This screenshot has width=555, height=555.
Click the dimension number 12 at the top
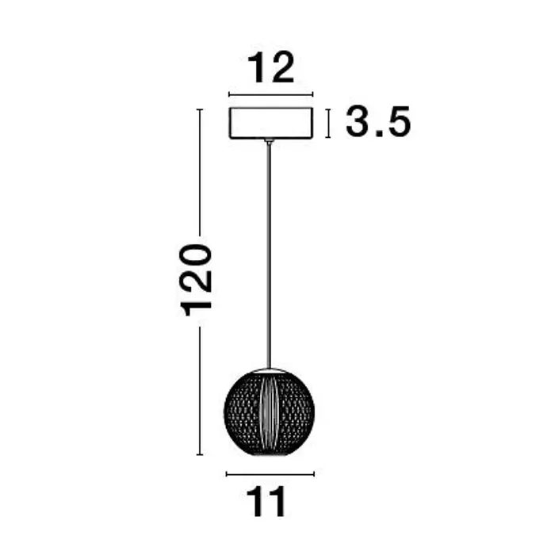[x=271, y=67]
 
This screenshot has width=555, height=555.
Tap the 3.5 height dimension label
[x=378, y=121]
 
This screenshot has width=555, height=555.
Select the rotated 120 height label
[x=196, y=281]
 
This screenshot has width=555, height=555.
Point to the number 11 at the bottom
[x=266, y=502]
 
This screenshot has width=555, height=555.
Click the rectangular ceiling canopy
[x=271, y=123]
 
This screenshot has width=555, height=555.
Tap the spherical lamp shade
[x=269, y=412]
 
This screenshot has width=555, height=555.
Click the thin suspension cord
[x=270, y=255]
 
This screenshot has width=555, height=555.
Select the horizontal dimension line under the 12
[x=271, y=94]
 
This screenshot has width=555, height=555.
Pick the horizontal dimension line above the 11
[x=270, y=474]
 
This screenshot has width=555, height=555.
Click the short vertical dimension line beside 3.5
[x=328, y=123]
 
